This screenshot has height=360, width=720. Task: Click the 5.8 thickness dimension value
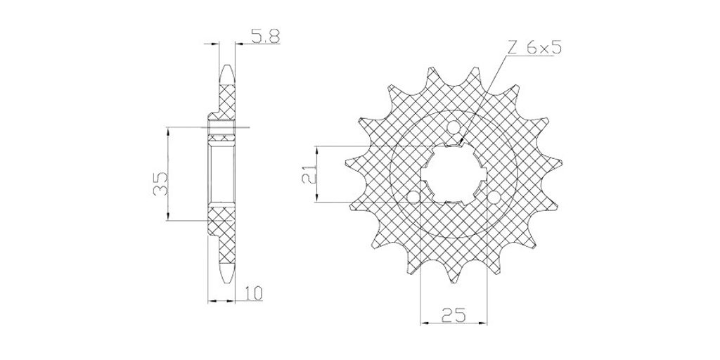pos(264,37)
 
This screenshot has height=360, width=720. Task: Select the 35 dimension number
pos(161,184)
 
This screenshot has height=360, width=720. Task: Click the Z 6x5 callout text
pos(534,49)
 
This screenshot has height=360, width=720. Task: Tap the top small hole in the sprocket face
pos(454,127)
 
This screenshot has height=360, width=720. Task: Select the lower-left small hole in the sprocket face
pos(413,197)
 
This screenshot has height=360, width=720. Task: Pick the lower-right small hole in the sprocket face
pos(494,198)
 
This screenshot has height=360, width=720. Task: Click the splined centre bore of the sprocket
pos(454,174)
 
